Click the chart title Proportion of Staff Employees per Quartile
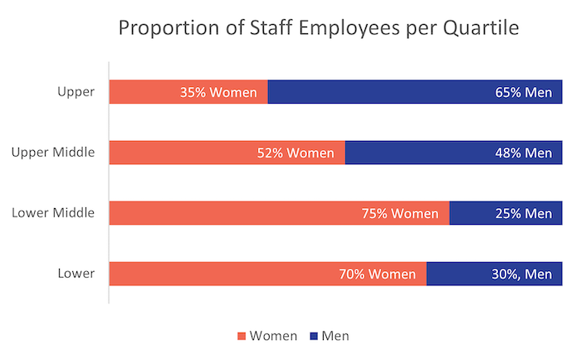point(319,28)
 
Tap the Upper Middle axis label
point(53,152)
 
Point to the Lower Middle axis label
point(53,213)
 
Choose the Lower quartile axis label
point(77,274)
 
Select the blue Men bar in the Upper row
point(373,91)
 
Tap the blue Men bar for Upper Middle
point(415,153)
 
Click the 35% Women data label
point(218,91)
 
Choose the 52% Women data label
point(295,153)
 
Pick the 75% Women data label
point(399,213)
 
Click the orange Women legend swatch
point(243,336)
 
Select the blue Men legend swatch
point(314,336)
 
